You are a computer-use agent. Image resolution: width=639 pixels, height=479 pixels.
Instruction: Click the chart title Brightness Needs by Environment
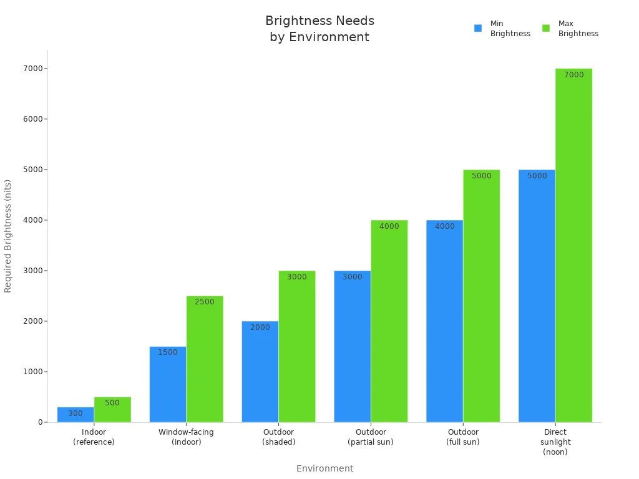[319, 29]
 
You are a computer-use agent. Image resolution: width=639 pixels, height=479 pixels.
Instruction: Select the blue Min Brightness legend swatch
[478, 28]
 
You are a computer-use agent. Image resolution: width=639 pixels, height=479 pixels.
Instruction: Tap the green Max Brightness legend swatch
[546, 28]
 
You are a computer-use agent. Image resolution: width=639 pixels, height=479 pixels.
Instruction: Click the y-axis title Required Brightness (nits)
[8, 236]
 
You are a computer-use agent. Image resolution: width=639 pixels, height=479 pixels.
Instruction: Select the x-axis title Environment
[324, 468]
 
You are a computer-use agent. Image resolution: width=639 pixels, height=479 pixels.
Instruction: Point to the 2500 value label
[205, 302]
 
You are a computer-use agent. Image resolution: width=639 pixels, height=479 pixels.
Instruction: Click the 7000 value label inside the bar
[573, 75]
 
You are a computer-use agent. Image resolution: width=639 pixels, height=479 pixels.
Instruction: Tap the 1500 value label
[168, 352]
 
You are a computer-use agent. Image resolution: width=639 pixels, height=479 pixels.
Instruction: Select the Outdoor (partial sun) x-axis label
[371, 437]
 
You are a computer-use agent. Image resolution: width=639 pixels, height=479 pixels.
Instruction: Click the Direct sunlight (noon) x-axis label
[555, 442]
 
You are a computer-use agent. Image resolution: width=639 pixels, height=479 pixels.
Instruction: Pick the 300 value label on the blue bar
[76, 414]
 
